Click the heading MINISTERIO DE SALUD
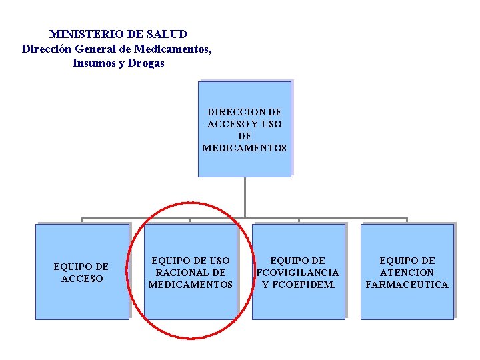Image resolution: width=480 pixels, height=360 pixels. pos(118,34)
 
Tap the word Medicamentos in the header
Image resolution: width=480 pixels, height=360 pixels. pos(173,49)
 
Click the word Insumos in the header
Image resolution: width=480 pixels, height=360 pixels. pos(94,63)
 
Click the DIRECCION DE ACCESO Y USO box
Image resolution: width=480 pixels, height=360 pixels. pos(245,129)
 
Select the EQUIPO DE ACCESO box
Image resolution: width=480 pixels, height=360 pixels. pos(82,271)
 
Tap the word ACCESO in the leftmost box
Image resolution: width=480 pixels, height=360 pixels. pos(82,279)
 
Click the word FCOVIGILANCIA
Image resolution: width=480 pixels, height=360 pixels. pos(298,273)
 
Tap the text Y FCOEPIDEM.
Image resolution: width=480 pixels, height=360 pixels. pos(299,285)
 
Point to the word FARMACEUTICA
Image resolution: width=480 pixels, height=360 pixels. pos(407,285)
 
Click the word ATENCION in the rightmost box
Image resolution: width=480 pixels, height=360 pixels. pos(407,273)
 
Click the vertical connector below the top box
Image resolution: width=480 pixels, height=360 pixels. pos(245,197)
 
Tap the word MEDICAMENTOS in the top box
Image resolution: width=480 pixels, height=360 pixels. pos(245,148)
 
